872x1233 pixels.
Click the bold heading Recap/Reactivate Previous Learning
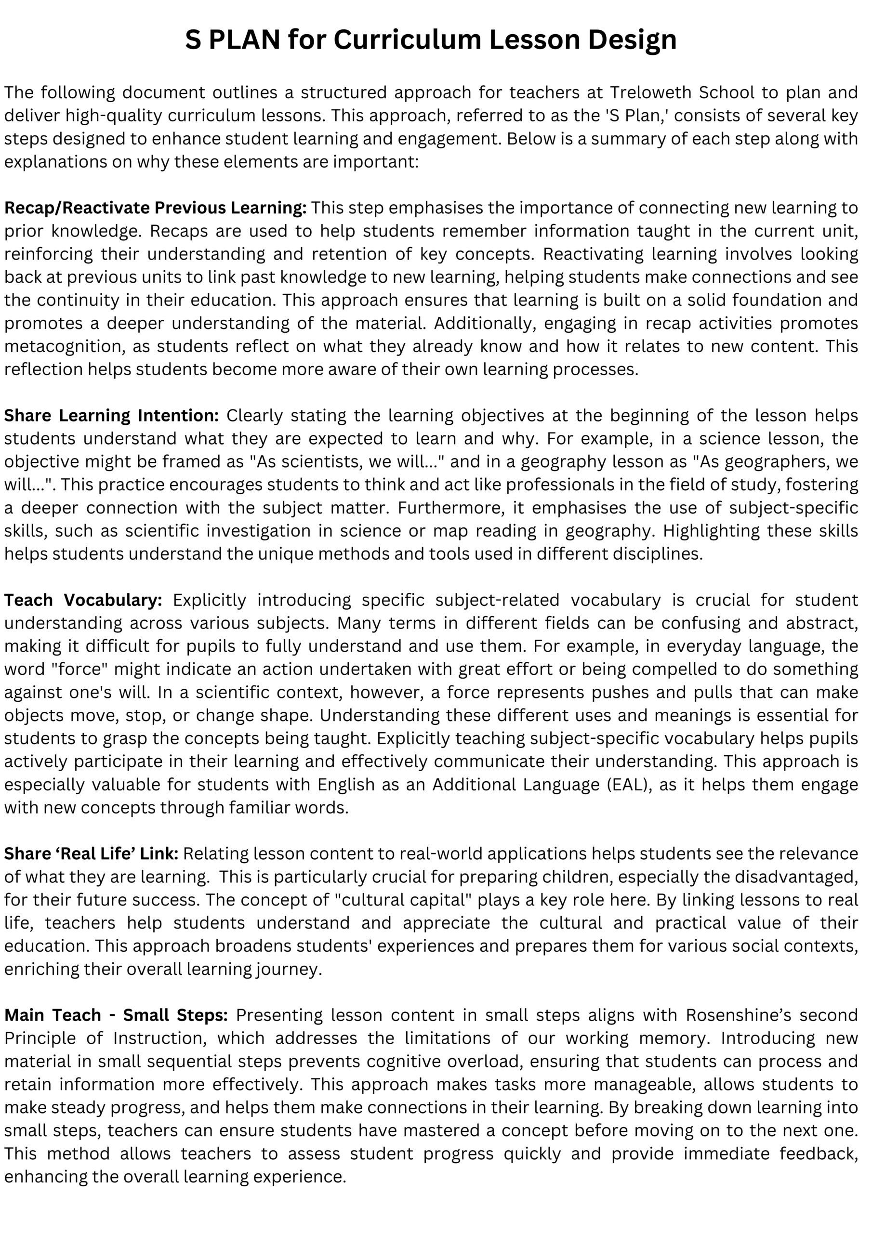[155, 208]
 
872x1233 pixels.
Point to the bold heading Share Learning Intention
[111, 416]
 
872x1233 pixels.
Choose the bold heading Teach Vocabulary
[83, 600]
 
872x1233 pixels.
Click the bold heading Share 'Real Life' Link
[92, 853]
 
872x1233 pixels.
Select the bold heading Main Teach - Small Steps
[116, 1015]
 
